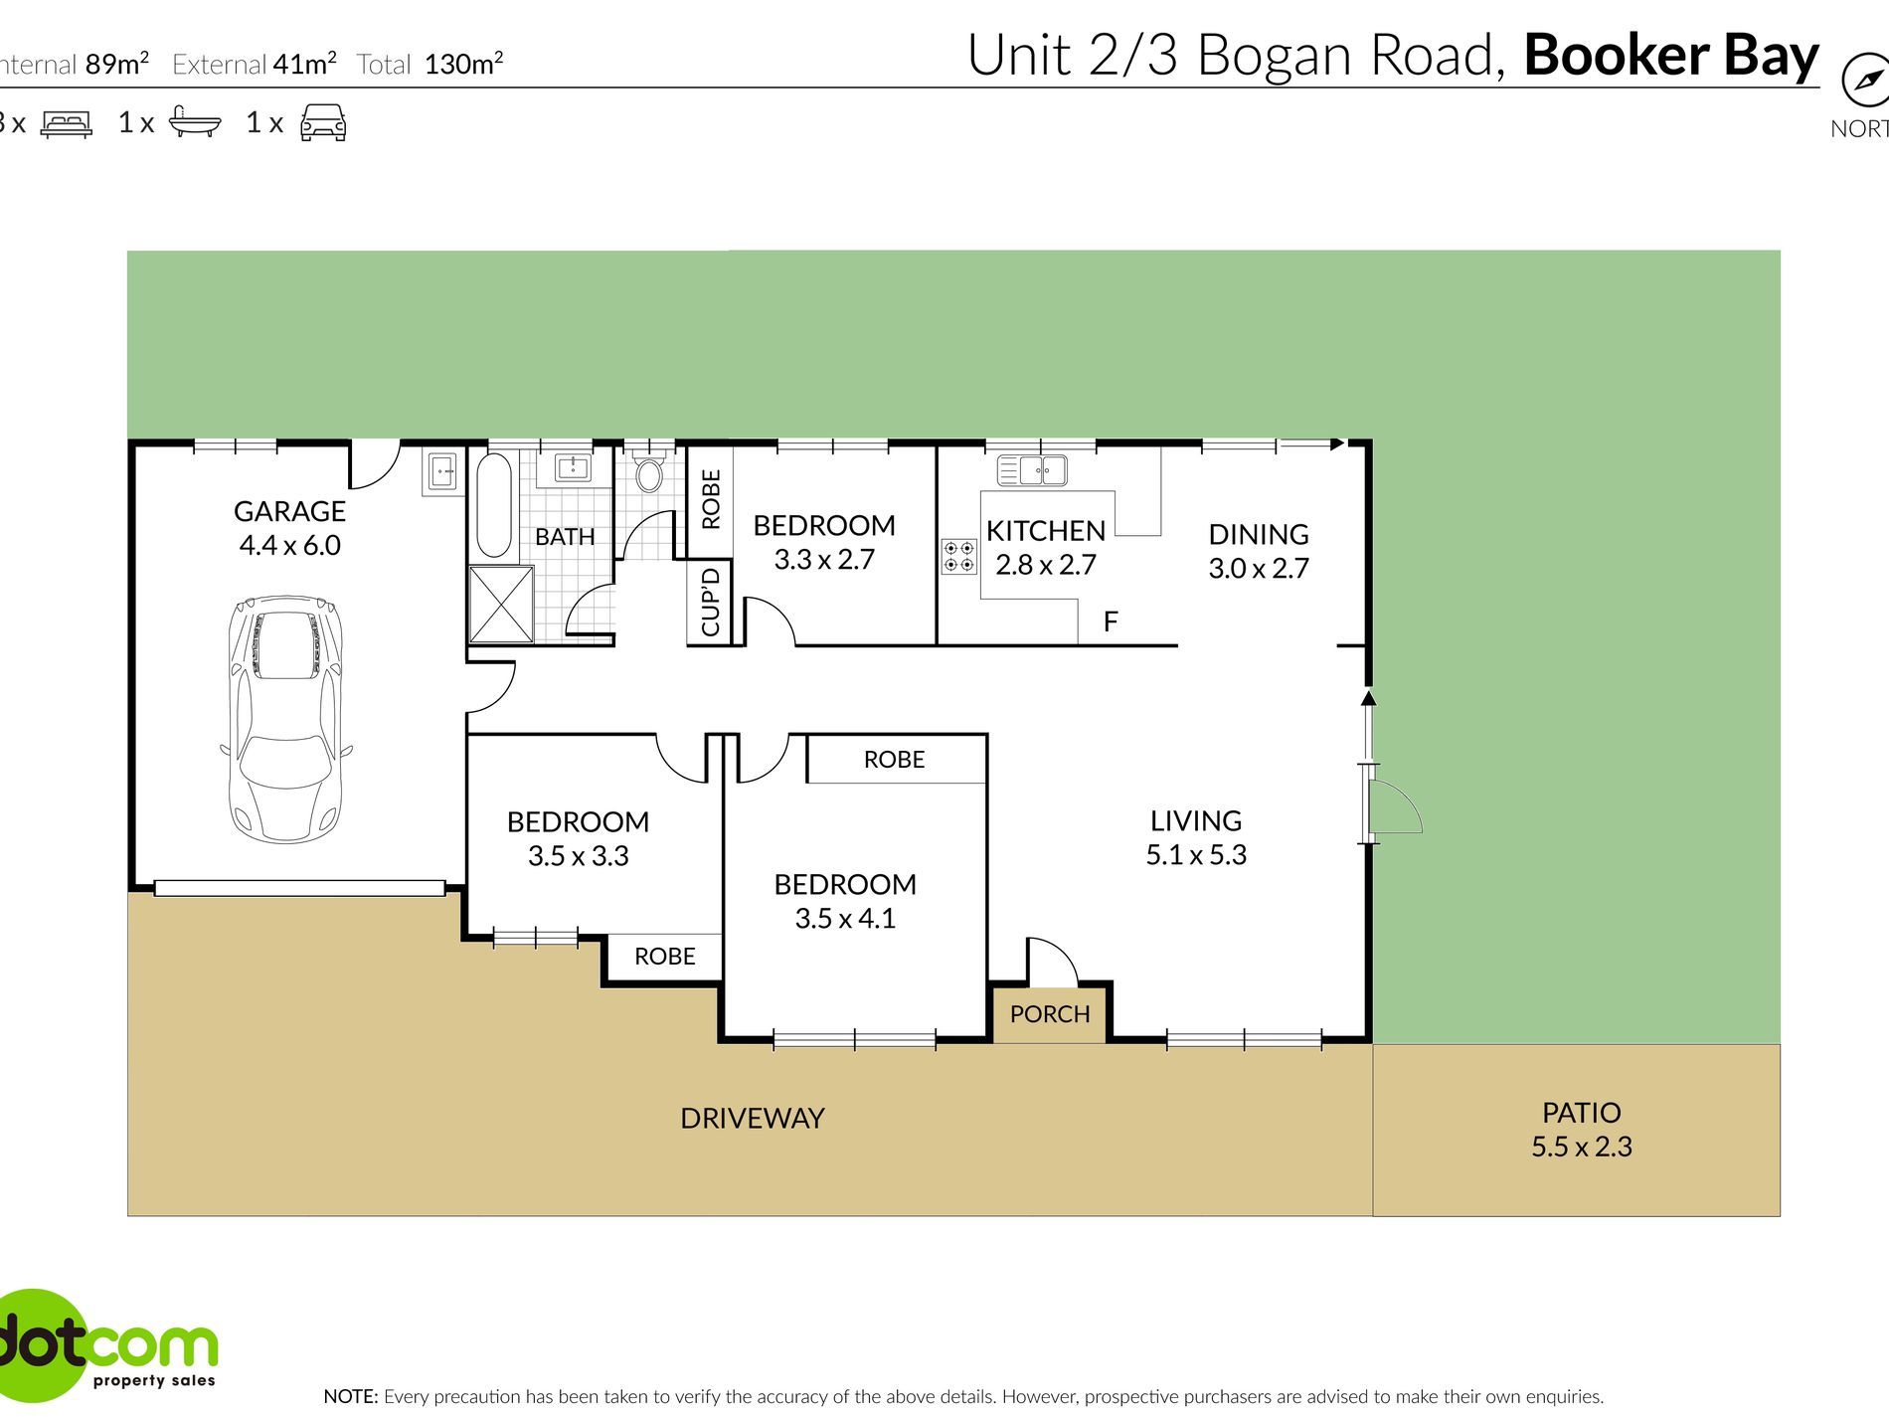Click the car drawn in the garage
(x=287, y=719)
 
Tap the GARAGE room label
(x=289, y=511)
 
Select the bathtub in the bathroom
(x=494, y=505)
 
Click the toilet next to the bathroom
(x=649, y=470)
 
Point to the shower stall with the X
(x=501, y=604)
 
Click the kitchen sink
(x=1032, y=469)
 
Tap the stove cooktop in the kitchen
(x=959, y=557)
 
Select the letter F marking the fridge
(x=1111, y=621)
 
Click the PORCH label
(x=1050, y=1014)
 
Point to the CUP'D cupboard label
(x=711, y=602)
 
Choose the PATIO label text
(x=1581, y=1113)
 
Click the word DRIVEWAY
(x=753, y=1119)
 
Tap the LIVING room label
(x=1196, y=821)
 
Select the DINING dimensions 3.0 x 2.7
(x=1259, y=569)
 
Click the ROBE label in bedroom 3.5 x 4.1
(x=894, y=760)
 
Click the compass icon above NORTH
(x=1865, y=80)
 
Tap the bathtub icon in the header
(x=195, y=121)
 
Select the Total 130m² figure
(x=429, y=64)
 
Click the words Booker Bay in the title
(x=1671, y=55)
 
